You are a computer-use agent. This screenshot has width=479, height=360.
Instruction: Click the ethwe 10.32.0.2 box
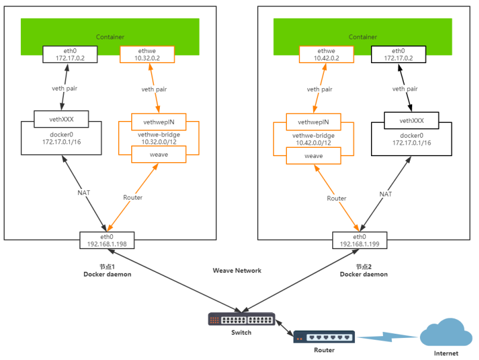(x=147, y=55)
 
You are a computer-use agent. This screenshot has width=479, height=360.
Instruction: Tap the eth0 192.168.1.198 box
(x=107, y=240)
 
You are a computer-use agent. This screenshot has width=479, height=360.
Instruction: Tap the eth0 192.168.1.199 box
(x=360, y=240)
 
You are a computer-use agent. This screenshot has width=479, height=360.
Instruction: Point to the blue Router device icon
(x=324, y=337)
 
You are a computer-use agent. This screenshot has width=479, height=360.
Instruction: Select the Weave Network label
(x=237, y=271)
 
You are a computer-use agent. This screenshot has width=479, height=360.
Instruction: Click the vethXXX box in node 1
(x=61, y=118)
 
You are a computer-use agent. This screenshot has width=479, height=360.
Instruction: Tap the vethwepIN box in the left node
(x=158, y=123)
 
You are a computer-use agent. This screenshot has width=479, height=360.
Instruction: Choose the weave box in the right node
(x=314, y=156)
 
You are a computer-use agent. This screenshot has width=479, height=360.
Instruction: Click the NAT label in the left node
(x=84, y=193)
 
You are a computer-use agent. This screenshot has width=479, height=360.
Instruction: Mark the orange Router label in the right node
(x=336, y=198)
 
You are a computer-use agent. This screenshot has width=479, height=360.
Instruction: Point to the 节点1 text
(x=107, y=266)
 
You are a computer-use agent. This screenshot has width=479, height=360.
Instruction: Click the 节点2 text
(x=363, y=266)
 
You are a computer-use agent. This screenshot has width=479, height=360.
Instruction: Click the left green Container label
(x=110, y=37)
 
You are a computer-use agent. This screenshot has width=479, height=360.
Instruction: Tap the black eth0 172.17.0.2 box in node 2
(x=398, y=55)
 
